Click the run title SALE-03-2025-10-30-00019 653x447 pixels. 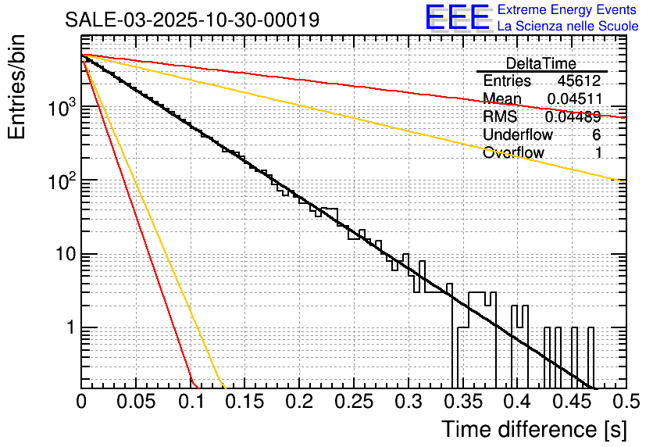[192, 20]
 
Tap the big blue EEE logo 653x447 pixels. [457, 19]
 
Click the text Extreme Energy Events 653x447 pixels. [567, 10]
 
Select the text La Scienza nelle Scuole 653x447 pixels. [567, 27]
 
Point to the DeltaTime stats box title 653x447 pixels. [541, 63]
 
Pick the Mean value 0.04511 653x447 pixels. [574, 99]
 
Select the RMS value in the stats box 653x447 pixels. [574, 117]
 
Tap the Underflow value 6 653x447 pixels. [596, 134]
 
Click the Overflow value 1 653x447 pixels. [598, 152]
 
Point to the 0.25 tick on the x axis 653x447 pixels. [353, 402]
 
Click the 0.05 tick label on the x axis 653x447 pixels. [136, 402]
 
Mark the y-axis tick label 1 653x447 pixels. [70, 328]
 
